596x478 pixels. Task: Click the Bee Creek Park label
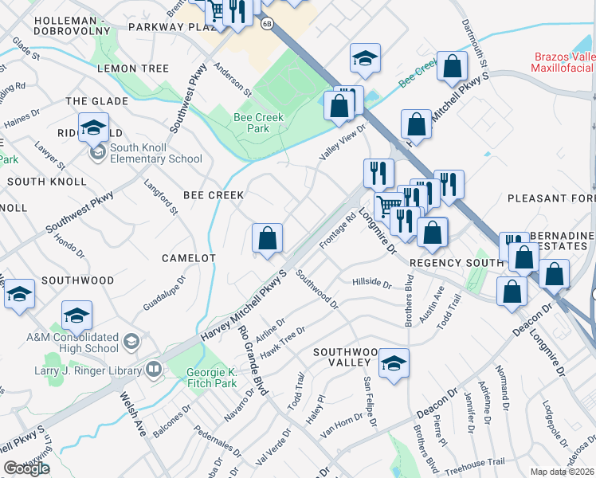(x=252, y=122)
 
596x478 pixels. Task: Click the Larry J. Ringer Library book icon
(x=153, y=369)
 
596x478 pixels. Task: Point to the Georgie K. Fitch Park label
(x=212, y=378)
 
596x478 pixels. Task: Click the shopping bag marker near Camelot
(x=267, y=238)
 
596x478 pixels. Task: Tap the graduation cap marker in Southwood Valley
(x=394, y=363)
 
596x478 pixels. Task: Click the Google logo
(x=26, y=468)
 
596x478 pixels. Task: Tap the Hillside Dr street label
(x=371, y=284)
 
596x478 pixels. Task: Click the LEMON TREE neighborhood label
(x=133, y=69)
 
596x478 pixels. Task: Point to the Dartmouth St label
(x=471, y=40)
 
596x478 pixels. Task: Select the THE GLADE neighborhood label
(x=96, y=101)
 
